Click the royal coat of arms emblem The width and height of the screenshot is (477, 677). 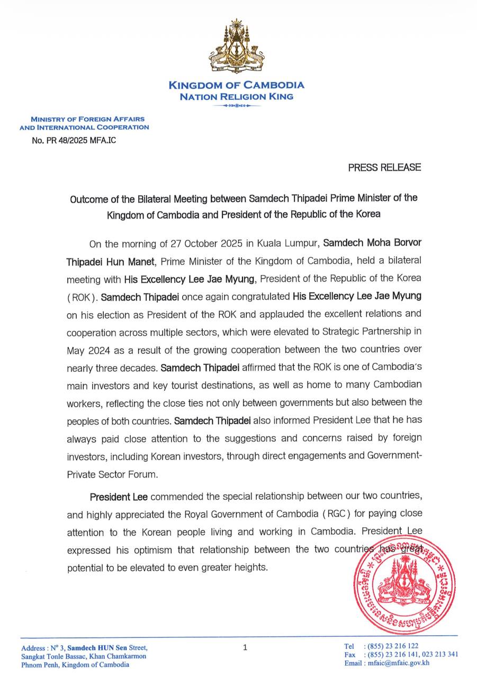click(x=236, y=48)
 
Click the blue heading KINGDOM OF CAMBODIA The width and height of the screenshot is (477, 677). click(x=236, y=85)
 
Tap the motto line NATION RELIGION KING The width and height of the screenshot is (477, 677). click(x=236, y=97)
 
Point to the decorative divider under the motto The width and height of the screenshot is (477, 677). click(x=236, y=106)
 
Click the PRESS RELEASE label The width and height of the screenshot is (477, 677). click(x=384, y=168)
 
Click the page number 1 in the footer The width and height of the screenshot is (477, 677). click(x=245, y=646)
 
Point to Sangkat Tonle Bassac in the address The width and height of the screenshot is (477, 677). click(x=56, y=656)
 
